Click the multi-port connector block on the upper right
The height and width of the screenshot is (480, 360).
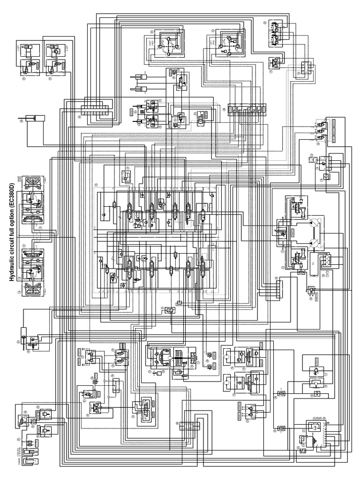[247, 109]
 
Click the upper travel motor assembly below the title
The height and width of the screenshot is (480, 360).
[30, 197]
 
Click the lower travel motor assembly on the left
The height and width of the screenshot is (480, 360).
[30, 265]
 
